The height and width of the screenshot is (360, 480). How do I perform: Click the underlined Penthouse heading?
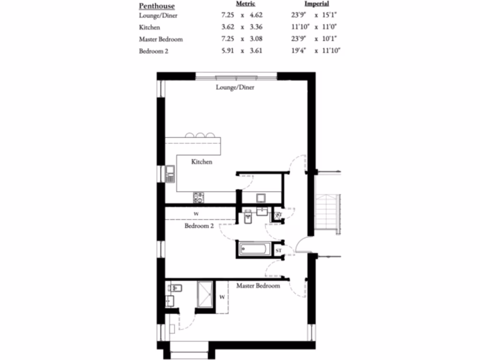coord(157,6)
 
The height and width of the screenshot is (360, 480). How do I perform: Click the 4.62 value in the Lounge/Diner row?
coord(255,15)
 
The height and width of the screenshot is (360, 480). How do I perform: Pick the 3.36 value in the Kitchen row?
coord(255,27)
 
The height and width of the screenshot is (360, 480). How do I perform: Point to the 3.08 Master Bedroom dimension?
coord(255,39)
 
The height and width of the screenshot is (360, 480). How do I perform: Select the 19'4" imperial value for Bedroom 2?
coord(299,51)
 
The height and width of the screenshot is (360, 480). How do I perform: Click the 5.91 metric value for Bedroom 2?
coord(228,51)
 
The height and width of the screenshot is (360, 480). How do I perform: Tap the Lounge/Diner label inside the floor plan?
coord(235,87)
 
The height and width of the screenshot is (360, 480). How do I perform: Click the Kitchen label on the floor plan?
coord(202,162)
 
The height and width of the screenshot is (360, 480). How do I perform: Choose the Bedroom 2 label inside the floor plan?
coord(199,225)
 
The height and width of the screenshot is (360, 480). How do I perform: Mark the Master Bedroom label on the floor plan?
coord(258,285)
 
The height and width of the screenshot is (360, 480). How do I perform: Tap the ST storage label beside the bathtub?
coord(278,251)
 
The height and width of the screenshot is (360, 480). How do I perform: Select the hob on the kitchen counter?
coord(199,197)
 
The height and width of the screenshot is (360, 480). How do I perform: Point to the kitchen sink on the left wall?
coord(170,174)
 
